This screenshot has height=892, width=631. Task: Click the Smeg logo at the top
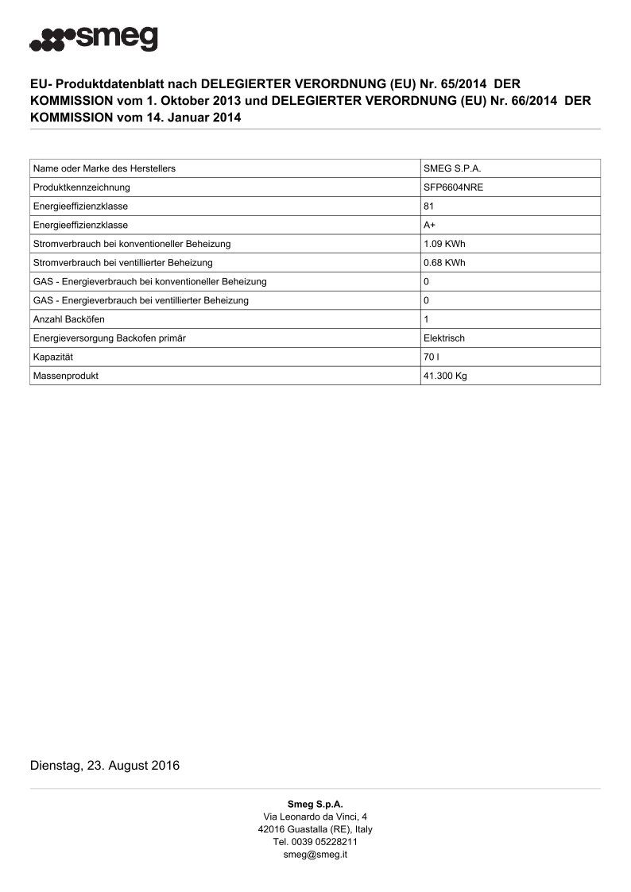click(x=94, y=38)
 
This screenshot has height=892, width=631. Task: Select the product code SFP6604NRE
click(x=453, y=187)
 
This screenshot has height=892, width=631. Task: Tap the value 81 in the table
click(x=429, y=207)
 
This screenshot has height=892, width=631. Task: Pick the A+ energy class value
click(x=429, y=225)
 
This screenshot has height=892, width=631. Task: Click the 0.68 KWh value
click(x=444, y=263)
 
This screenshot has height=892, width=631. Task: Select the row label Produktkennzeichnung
click(x=82, y=187)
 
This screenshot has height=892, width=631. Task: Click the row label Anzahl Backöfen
click(x=69, y=319)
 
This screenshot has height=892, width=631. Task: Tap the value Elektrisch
click(x=444, y=338)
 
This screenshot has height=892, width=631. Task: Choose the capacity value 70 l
click(x=432, y=357)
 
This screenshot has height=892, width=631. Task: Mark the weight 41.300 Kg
click(x=445, y=376)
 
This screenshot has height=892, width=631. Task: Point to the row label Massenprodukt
click(x=66, y=376)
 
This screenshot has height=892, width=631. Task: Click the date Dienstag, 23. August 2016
click(x=105, y=766)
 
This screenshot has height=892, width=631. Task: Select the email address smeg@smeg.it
click(x=315, y=855)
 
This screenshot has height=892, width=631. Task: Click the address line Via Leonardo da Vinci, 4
click(x=315, y=817)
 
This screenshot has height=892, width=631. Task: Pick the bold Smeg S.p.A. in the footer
click(x=315, y=804)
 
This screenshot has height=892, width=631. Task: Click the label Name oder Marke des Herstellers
click(x=104, y=168)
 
